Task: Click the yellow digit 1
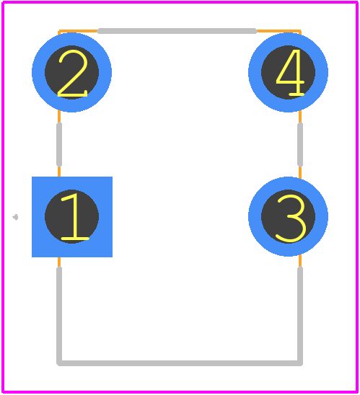[x=74, y=216]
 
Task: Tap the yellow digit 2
[x=73, y=74]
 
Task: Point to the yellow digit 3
[x=292, y=218]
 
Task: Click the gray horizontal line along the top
[x=177, y=31]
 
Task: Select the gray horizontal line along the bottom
[x=180, y=363]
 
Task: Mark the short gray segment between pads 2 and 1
[x=59, y=145]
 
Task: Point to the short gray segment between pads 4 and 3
[x=300, y=145]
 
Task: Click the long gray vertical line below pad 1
[x=59, y=315]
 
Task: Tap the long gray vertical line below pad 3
[x=300, y=315]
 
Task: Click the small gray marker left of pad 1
[x=16, y=217]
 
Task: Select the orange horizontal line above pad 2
[x=78, y=31]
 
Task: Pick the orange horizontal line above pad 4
[x=278, y=31]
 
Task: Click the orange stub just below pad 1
[x=59, y=262]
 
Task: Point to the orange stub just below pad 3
[x=300, y=261]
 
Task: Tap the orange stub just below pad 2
[x=59, y=117]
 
